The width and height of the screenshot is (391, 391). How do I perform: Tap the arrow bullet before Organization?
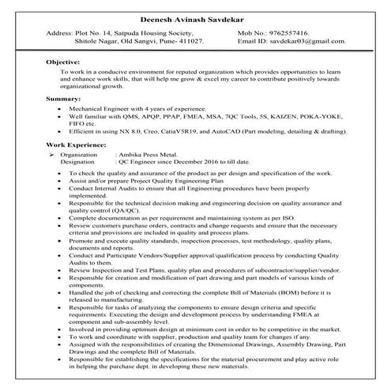(51, 156)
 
